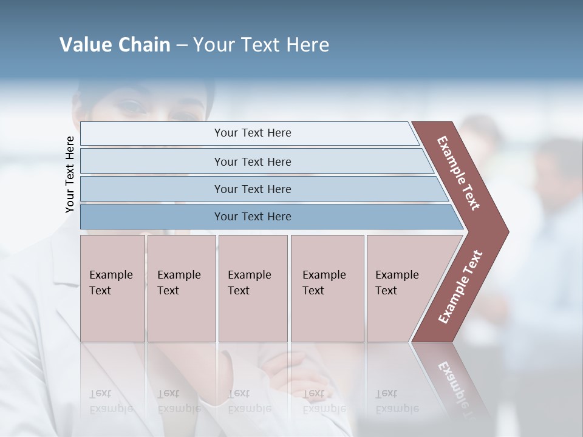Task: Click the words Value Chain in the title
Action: coord(115,45)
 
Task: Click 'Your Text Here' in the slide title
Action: coord(261,45)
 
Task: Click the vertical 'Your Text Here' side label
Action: coord(70,174)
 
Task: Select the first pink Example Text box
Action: coord(112,288)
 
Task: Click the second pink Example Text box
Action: coord(181,288)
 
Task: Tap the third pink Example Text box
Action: coord(253,288)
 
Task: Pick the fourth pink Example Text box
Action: coord(327,288)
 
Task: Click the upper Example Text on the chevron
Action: coord(459,173)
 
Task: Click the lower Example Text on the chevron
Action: coord(460,286)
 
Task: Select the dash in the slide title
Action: coord(181,46)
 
